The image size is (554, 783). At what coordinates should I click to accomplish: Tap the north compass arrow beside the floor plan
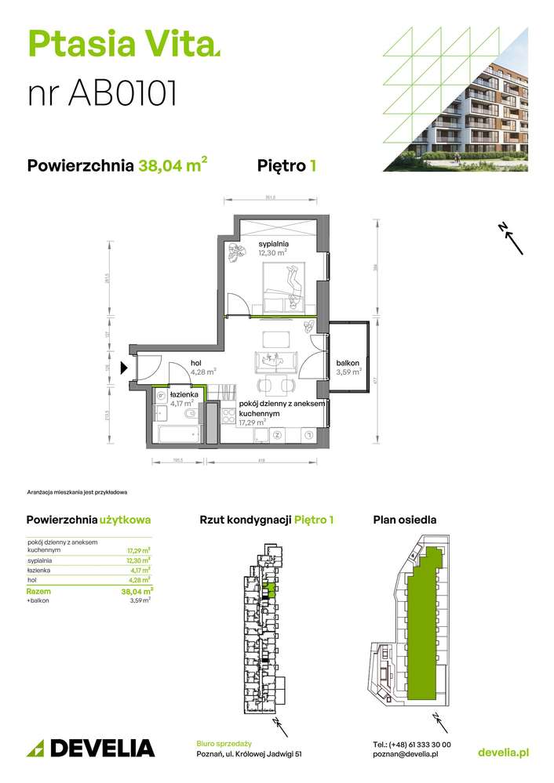click(512, 238)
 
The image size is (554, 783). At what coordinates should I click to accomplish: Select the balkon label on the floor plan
click(348, 363)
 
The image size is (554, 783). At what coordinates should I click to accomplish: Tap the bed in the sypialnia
click(283, 285)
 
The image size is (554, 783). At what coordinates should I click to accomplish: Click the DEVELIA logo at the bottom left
click(91, 747)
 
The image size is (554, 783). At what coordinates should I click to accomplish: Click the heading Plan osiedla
click(404, 520)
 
